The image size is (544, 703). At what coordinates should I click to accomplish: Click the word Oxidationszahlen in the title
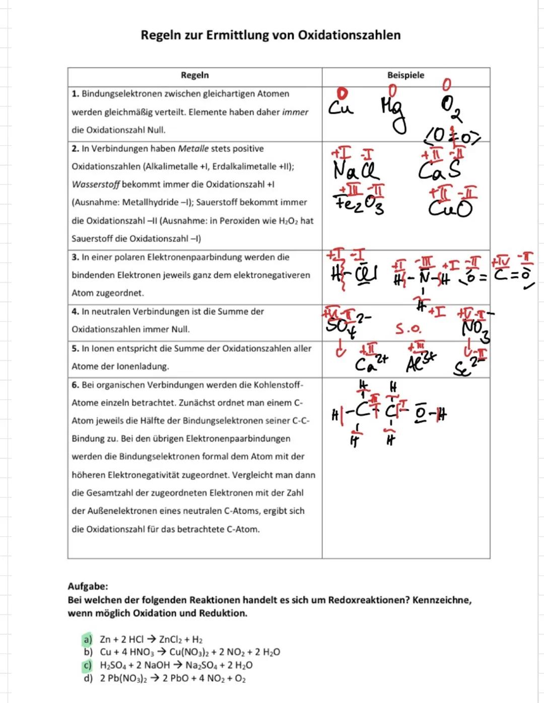[x=349, y=35]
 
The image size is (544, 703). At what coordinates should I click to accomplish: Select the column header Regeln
[x=194, y=75]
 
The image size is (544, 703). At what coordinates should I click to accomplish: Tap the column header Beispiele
[x=405, y=75]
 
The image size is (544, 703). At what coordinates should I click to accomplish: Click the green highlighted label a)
[x=88, y=639]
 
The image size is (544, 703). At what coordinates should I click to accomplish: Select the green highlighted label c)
[x=88, y=665]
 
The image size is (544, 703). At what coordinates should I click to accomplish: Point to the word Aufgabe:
[x=88, y=587]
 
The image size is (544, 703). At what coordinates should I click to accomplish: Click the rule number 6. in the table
[x=76, y=385]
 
